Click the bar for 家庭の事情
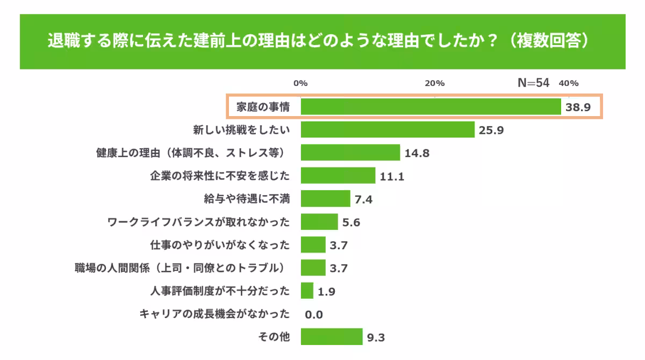pyautogui.click(x=430, y=107)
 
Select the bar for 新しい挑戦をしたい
pyautogui.click(x=387, y=129)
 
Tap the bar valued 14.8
pyautogui.click(x=350, y=153)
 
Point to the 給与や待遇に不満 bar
pyautogui.click(x=325, y=199)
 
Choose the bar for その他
pyautogui.click(x=331, y=337)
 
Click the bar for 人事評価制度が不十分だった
pyautogui.click(x=307, y=291)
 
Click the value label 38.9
pyautogui.click(x=578, y=107)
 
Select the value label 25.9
pyautogui.click(x=491, y=130)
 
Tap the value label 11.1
pyautogui.click(x=392, y=176)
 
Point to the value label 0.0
pyautogui.click(x=314, y=314)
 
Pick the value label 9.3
pyautogui.click(x=376, y=337)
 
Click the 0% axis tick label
pyautogui.click(x=300, y=83)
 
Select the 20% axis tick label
pyautogui.click(x=434, y=83)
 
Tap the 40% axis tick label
pyautogui.click(x=568, y=83)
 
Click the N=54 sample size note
pyautogui.click(x=533, y=83)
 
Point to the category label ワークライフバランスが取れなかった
pyautogui.click(x=198, y=222)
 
